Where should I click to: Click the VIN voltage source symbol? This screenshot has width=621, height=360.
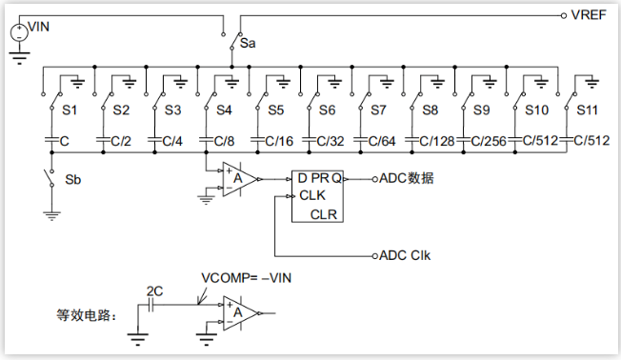point(19,32)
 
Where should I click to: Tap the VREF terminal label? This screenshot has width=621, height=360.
point(589,15)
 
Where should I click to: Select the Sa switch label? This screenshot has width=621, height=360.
point(248,43)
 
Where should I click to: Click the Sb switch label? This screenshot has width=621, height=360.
point(73,180)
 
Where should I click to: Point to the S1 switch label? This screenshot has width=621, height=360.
point(70,110)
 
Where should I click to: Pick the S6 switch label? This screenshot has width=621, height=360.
point(327,110)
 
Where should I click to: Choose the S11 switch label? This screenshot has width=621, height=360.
point(587,110)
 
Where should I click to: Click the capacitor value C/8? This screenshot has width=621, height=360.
point(224,141)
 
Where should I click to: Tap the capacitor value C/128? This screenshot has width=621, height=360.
point(437,141)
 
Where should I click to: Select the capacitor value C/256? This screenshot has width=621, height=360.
point(489,141)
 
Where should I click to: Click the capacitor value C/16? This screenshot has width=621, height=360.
point(279,141)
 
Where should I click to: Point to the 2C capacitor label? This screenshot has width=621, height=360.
point(154,291)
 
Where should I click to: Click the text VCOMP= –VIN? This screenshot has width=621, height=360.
point(247,278)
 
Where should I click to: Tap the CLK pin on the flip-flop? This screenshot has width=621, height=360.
point(312,195)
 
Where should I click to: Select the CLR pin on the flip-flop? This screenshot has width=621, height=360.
point(324,214)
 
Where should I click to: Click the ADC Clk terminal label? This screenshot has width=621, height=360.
point(405,255)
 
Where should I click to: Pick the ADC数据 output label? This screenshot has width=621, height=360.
point(407,178)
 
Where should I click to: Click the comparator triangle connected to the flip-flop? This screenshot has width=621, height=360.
point(239,179)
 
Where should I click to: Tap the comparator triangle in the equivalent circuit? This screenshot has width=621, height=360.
point(239,313)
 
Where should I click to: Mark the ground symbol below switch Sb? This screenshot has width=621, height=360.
point(51,216)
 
